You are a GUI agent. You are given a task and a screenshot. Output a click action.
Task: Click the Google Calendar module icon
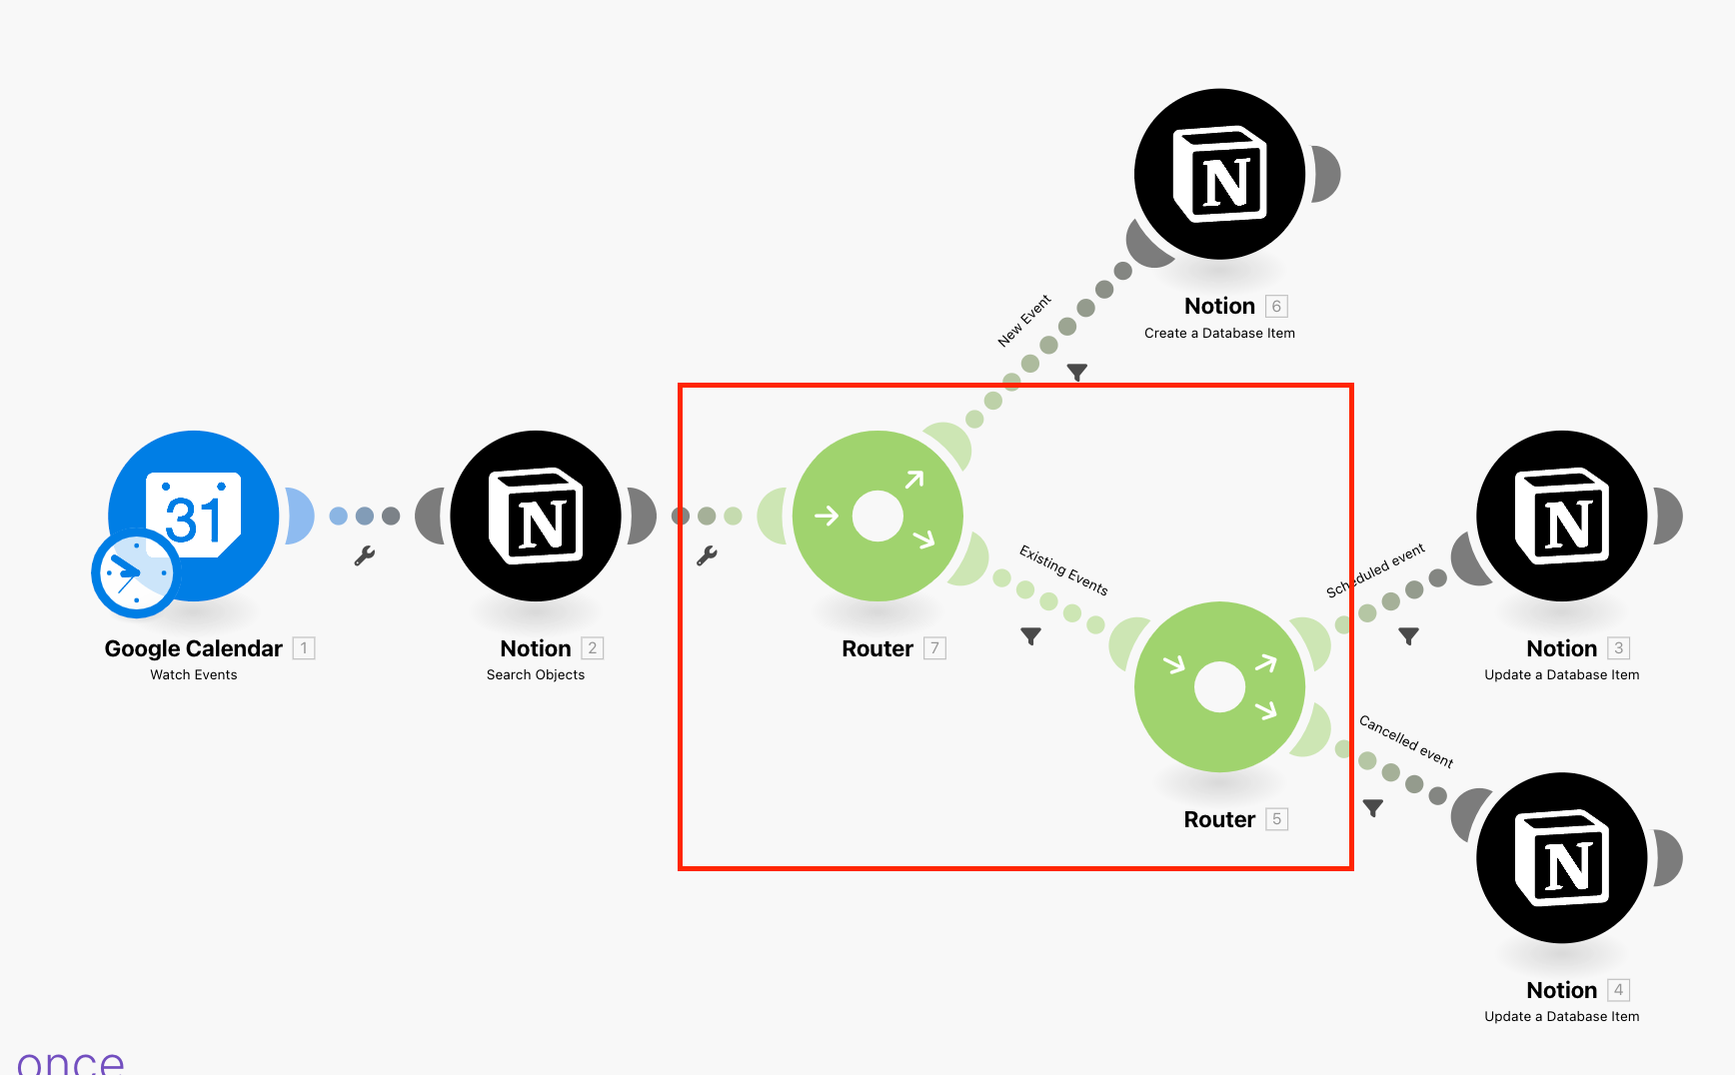pyautogui.click(x=194, y=515)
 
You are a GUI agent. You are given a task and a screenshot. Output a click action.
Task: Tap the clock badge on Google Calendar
pyautogui.click(x=133, y=573)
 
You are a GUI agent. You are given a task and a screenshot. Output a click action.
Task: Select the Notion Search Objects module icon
pyautogui.click(x=536, y=516)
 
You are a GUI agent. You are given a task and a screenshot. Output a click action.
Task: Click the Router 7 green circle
pyautogui.click(x=877, y=516)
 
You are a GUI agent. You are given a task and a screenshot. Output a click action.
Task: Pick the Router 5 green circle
pyautogui.click(x=1219, y=686)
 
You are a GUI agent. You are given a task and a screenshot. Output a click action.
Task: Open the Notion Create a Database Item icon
pyautogui.click(x=1219, y=174)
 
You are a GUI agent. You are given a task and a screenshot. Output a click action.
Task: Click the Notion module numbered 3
pyautogui.click(x=1561, y=516)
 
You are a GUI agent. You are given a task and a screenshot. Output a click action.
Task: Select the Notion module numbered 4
pyautogui.click(x=1561, y=857)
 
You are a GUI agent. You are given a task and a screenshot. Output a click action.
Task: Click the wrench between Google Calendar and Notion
pyautogui.click(x=365, y=555)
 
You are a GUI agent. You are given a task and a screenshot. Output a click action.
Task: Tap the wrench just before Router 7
pyautogui.click(x=707, y=555)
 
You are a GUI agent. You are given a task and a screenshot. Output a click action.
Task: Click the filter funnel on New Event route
pyautogui.click(x=1076, y=372)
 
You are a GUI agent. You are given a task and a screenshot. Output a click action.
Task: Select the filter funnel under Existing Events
pyautogui.click(x=1031, y=635)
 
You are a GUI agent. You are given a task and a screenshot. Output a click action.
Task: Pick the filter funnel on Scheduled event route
pyautogui.click(x=1408, y=635)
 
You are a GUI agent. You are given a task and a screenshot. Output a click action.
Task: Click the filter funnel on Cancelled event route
pyautogui.click(x=1373, y=807)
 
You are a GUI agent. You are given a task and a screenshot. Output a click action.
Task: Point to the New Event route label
pyautogui.click(x=1024, y=321)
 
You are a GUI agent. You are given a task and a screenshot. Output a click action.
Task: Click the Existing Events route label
pyautogui.click(x=1063, y=569)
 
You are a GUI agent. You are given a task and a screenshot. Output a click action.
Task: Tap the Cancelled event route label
pyautogui.click(x=1405, y=741)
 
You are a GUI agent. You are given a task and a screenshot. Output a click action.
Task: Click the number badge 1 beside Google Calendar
pyautogui.click(x=304, y=648)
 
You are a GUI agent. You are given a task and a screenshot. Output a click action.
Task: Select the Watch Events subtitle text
pyautogui.click(x=194, y=675)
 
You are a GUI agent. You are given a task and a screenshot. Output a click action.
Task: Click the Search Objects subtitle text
pyautogui.click(x=536, y=675)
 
